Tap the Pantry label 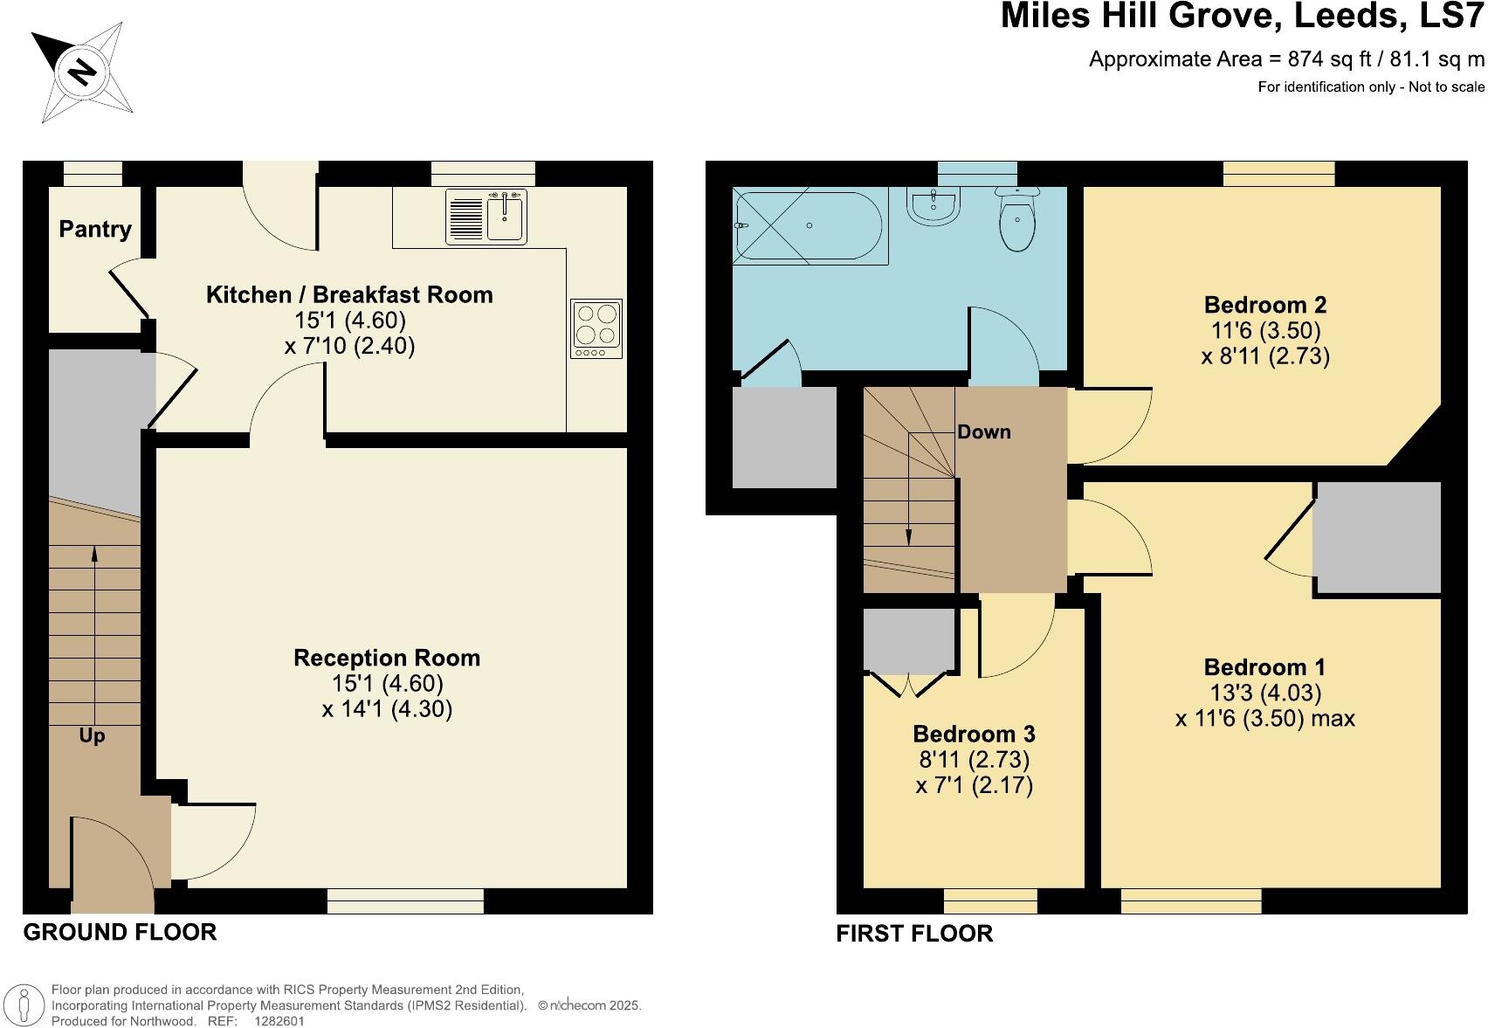point(95,229)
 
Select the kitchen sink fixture point(486,217)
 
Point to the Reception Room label point(386,658)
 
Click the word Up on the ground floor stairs point(92,736)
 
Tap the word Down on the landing point(983,432)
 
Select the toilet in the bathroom point(1016,220)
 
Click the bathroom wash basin point(933,208)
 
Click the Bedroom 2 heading point(1264,305)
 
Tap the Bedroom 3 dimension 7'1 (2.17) point(974,785)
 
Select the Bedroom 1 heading point(1264,667)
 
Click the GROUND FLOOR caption point(120,932)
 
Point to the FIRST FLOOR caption point(913,934)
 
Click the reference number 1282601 point(279,1020)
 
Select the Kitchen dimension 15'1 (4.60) point(349,321)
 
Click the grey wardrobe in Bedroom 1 point(1376,538)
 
